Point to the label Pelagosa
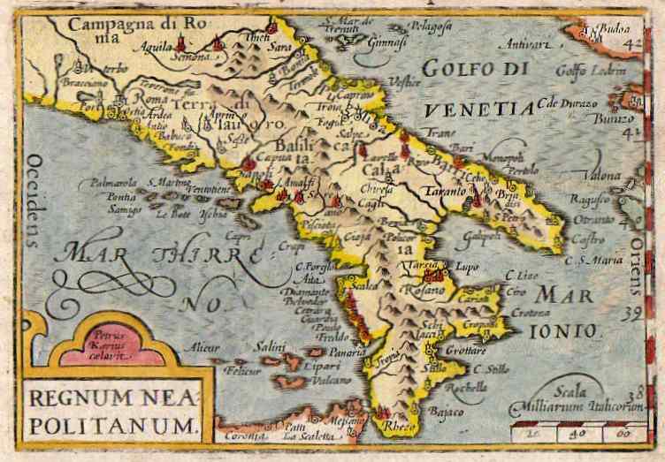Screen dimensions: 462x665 437,27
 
